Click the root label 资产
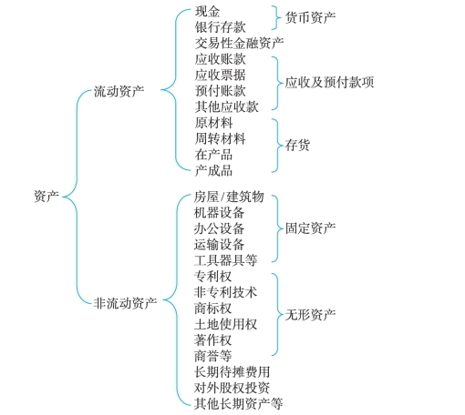pos(46,197)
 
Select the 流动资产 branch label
pos(119,91)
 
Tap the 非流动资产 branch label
pos(125,303)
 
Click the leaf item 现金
pos(208,12)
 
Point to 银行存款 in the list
pos(221,27)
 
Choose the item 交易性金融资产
pos(240,44)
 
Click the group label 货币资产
pos(310,17)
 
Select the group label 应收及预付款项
pos(329,83)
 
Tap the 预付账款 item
pos(221,91)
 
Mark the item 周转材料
pos(221,139)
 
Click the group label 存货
pos(297,145)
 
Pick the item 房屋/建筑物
pos(229,197)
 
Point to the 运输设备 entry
pos(219,244)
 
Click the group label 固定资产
pos(310,228)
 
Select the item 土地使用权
pos(225,324)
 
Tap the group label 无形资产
pos(310,315)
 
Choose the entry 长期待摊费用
pos(232,372)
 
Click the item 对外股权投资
pos(232,388)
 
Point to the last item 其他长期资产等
pos(238,404)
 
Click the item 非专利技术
pos(225,292)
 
